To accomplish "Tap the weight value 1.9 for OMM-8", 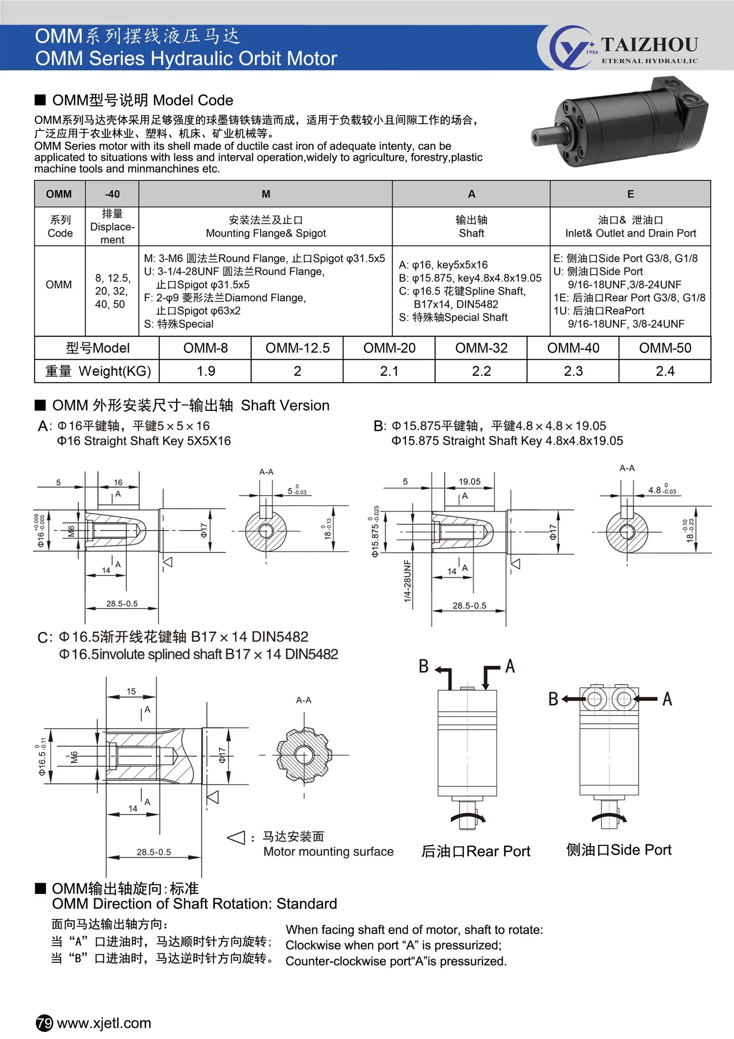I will coord(206,371).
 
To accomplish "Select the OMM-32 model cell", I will coord(481,348).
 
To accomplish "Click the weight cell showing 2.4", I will coord(665,371).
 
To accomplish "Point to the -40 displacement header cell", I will coord(112,194).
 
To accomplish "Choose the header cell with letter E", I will coord(631,194).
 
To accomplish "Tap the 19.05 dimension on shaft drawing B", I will coord(469,481).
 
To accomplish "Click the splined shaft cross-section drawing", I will coord(304,754).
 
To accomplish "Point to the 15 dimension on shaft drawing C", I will coord(131,691).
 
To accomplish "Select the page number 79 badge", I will coord(44,1023).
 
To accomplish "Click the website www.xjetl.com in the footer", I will coord(104,1023).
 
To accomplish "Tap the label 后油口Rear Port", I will coord(475,851).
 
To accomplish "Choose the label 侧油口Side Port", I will coord(619,850).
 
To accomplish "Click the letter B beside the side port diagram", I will coord(553,699).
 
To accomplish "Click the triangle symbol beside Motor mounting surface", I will coord(236,838).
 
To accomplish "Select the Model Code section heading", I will coord(142,100).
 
